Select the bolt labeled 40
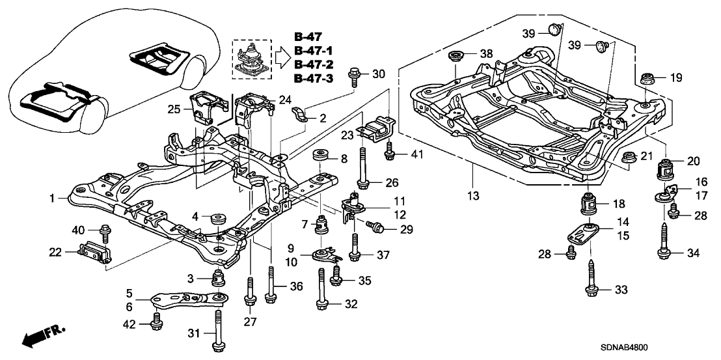point(104,230)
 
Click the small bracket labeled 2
point(301,117)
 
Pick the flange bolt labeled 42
point(156,321)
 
